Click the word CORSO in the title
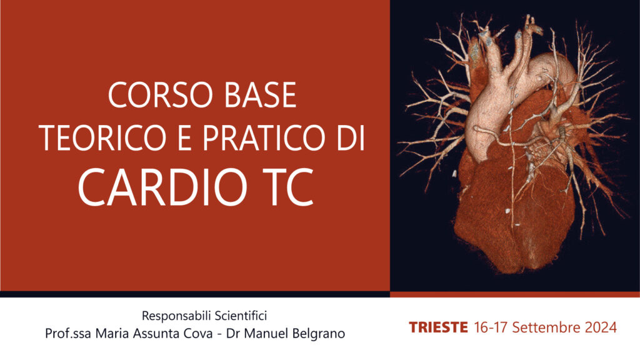click(161, 95)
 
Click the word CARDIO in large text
click(163, 187)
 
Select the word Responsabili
click(176, 316)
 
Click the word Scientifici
click(241, 316)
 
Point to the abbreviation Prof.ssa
click(68, 334)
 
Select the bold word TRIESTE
click(438, 327)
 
